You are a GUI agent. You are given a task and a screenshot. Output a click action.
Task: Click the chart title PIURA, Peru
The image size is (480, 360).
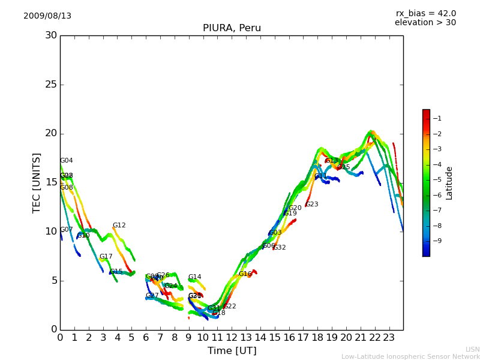(x=232, y=28)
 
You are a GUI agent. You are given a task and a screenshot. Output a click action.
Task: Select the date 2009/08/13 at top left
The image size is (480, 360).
(x=47, y=16)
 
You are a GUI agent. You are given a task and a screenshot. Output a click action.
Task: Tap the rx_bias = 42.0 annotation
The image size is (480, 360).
(x=425, y=14)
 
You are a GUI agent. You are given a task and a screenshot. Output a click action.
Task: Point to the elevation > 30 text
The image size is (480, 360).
(x=425, y=23)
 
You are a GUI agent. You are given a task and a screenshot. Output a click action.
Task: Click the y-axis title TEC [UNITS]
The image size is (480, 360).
(x=37, y=182)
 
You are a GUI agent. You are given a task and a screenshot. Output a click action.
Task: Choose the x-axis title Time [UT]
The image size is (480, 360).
(x=232, y=350)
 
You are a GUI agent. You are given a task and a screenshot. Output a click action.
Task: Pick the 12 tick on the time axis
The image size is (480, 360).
(x=232, y=338)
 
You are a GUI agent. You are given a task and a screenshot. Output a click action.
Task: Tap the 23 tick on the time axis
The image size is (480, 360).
(x=389, y=338)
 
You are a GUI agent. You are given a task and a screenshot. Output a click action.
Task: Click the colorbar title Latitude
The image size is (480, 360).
(x=449, y=183)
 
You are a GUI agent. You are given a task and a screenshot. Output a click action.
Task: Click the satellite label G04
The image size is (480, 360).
(x=66, y=161)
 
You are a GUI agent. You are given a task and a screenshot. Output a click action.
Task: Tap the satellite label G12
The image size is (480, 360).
(x=119, y=226)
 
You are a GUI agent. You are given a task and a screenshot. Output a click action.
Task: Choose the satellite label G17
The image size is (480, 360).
(x=106, y=257)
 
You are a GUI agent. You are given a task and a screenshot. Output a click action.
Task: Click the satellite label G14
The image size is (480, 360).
(x=194, y=277)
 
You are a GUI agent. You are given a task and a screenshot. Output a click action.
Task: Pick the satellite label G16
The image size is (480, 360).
(x=245, y=274)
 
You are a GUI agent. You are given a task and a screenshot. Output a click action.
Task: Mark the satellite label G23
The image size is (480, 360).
(x=311, y=205)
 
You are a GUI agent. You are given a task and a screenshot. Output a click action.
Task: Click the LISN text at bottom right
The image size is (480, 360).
(x=472, y=349)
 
